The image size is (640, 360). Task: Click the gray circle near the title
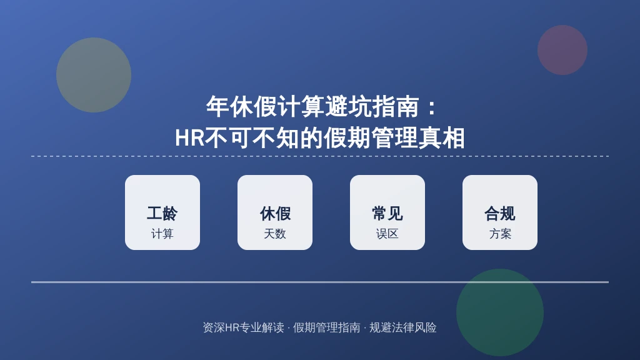pos(94,75)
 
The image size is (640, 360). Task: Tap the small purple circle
pos(562,50)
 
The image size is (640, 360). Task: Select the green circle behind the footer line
pos(499,312)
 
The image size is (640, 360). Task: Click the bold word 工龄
pos(162,214)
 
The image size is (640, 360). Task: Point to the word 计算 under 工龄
pos(162,234)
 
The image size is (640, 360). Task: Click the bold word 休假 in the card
pos(275,214)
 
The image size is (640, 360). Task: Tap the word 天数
pos(275,234)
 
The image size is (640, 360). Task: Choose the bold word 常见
pos(387,214)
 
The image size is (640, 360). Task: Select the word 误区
pos(387,234)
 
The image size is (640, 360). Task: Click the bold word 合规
pos(500,214)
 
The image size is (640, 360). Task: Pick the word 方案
pos(500,234)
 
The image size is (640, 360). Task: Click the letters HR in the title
pos(190,138)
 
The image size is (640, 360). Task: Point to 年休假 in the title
pos(241,107)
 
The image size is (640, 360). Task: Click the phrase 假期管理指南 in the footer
pos(326,327)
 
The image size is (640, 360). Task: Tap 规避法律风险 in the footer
pos(403,327)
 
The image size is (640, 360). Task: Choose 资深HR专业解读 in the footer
pos(243,327)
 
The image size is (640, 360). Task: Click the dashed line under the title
pos(320,156)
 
